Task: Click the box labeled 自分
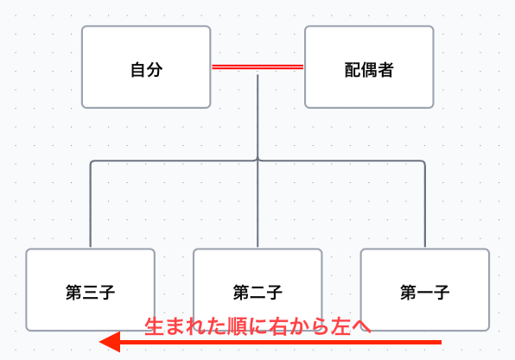coord(146,66)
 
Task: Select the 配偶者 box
coord(369,66)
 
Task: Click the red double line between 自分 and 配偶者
coord(257,66)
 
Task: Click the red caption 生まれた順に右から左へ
coord(257,326)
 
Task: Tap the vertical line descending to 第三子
coord(91,207)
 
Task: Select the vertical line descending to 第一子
coord(425,207)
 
